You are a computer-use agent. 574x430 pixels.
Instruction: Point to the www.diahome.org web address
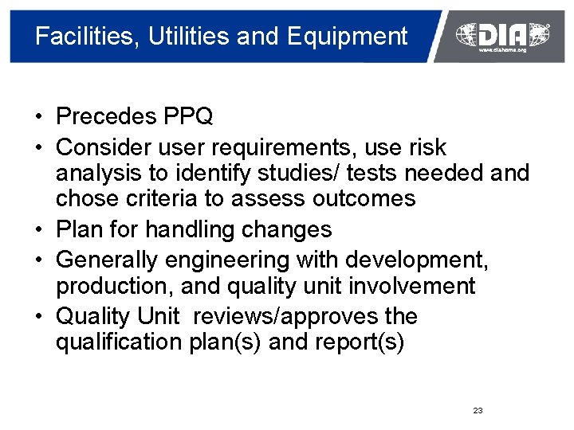(502, 50)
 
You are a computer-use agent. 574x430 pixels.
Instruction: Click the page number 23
(478, 411)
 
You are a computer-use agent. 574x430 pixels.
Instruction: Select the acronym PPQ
(188, 117)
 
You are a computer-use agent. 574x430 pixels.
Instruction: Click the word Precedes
(106, 117)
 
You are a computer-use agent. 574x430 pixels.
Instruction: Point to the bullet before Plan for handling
(38, 230)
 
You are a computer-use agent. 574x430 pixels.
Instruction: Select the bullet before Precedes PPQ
(38, 117)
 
